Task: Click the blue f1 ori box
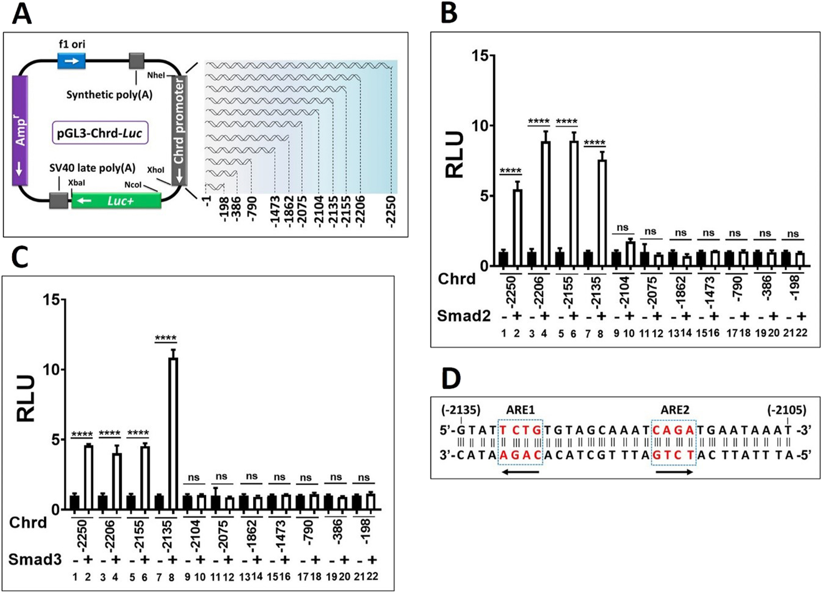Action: click(72, 61)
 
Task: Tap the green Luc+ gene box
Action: click(116, 201)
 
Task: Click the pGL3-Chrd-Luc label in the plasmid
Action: click(100, 133)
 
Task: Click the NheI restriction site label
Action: click(156, 75)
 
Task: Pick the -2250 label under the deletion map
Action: click(391, 212)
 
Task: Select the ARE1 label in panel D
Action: click(520, 410)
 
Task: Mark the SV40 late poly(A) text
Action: click(92, 168)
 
